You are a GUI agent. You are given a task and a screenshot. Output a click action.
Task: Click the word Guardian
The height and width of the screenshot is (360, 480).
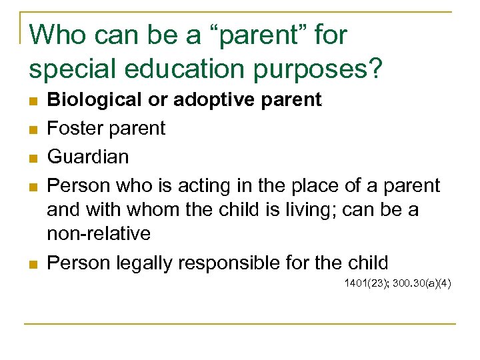point(88,157)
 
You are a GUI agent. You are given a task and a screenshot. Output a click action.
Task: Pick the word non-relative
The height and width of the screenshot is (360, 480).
point(99,234)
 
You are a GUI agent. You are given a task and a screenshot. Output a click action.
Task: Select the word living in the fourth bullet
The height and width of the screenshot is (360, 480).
point(314,210)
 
